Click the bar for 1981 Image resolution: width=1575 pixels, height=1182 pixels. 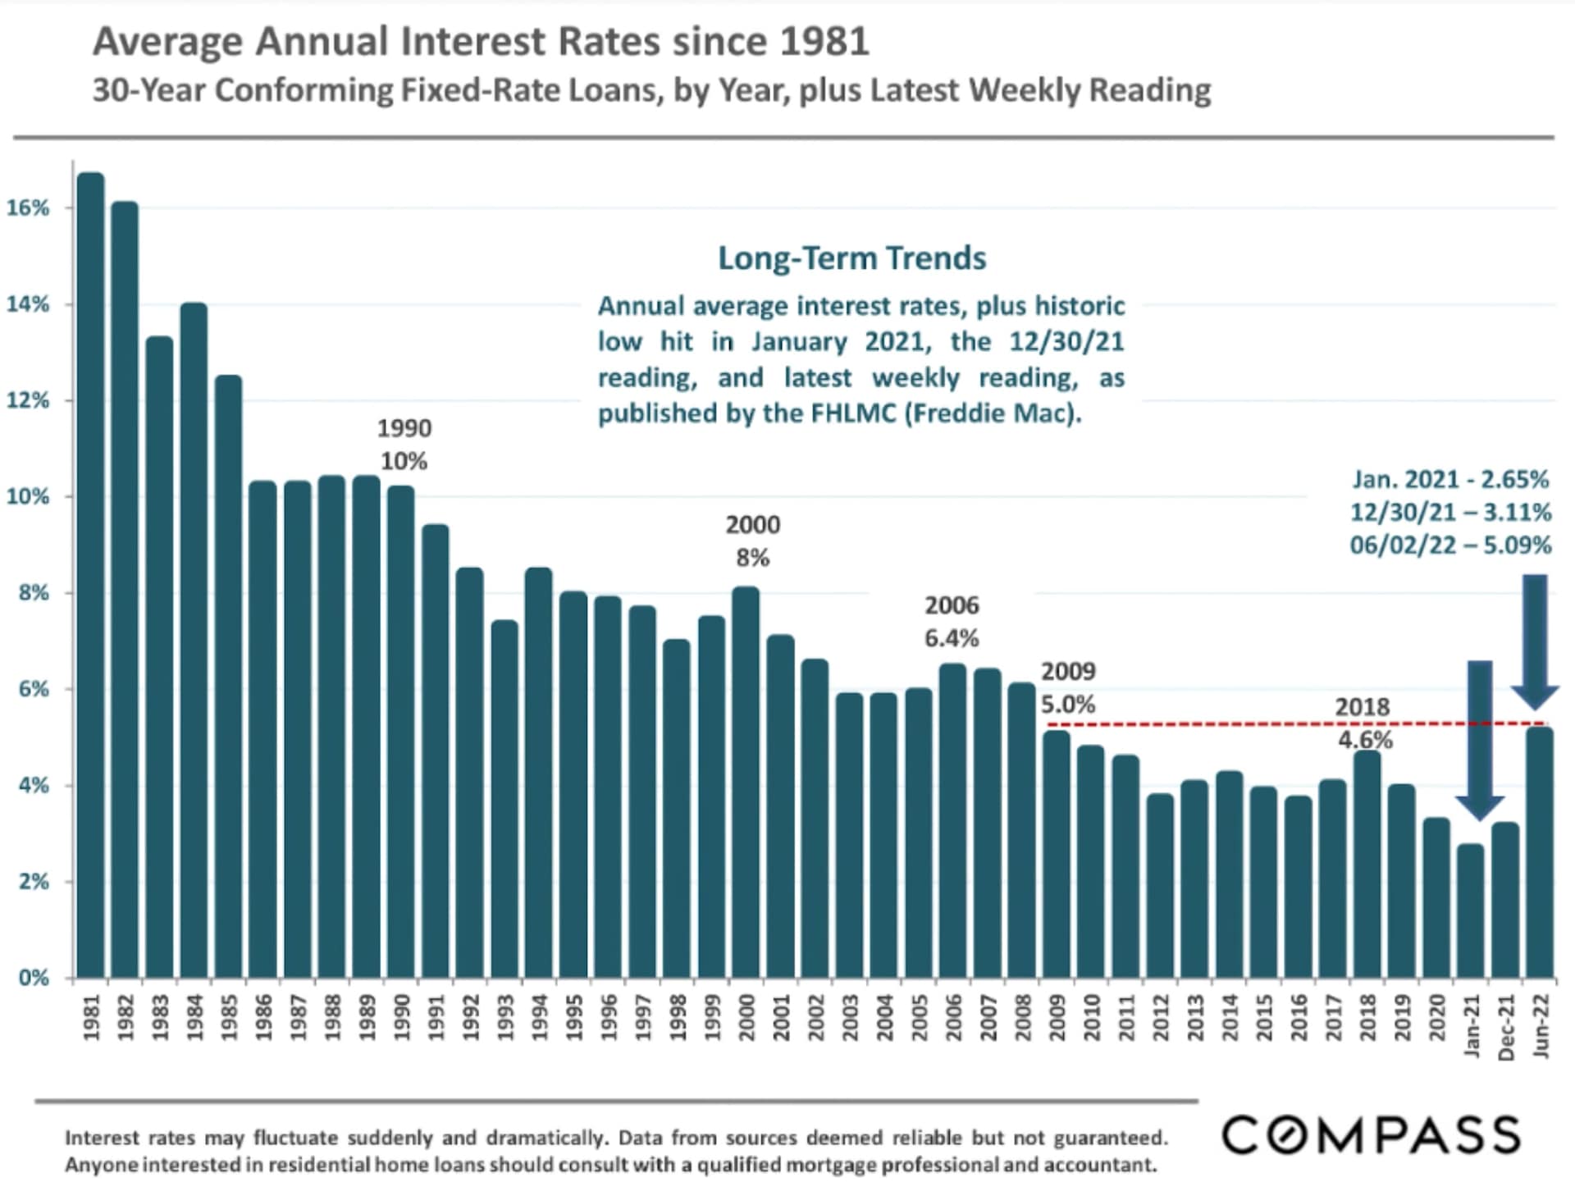click(90, 574)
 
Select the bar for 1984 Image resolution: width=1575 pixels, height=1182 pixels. click(194, 640)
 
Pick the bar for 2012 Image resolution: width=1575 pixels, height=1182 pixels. click(1160, 886)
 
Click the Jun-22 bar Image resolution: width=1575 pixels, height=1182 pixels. click(1540, 853)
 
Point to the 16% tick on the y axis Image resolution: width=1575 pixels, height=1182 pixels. click(29, 208)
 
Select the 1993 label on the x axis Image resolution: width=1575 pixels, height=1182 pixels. click(504, 1018)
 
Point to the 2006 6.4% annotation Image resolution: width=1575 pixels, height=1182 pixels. click(952, 622)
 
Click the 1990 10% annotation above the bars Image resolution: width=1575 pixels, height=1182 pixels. click(404, 445)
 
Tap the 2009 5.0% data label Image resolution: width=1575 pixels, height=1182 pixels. click(1068, 687)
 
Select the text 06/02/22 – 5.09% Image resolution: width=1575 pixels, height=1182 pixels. click(1450, 545)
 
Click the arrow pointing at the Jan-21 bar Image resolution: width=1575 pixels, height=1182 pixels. click(1479, 738)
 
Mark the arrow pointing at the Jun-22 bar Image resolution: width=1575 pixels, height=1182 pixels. click(1535, 640)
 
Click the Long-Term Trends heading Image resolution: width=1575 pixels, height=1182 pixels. click(852, 258)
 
